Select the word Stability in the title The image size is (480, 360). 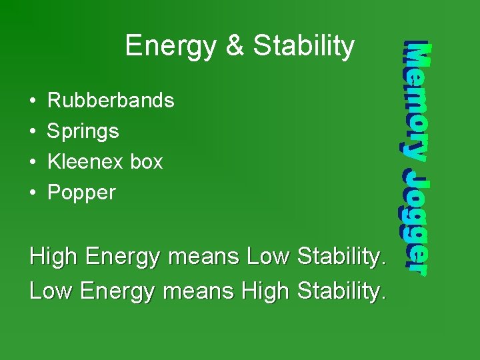[304, 47]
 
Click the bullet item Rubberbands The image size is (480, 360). [111, 101]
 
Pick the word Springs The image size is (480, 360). [83, 131]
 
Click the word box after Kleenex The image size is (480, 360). [147, 162]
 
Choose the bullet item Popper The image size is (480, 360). [81, 193]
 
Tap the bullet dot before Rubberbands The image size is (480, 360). [33, 101]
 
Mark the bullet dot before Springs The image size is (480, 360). [33, 132]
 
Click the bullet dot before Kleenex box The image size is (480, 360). [33, 163]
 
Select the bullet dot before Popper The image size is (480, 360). [33, 193]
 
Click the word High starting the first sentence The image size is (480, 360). [55, 257]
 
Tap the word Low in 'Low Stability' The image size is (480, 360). [268, 257]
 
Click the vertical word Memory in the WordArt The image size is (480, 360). [417, 101]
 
